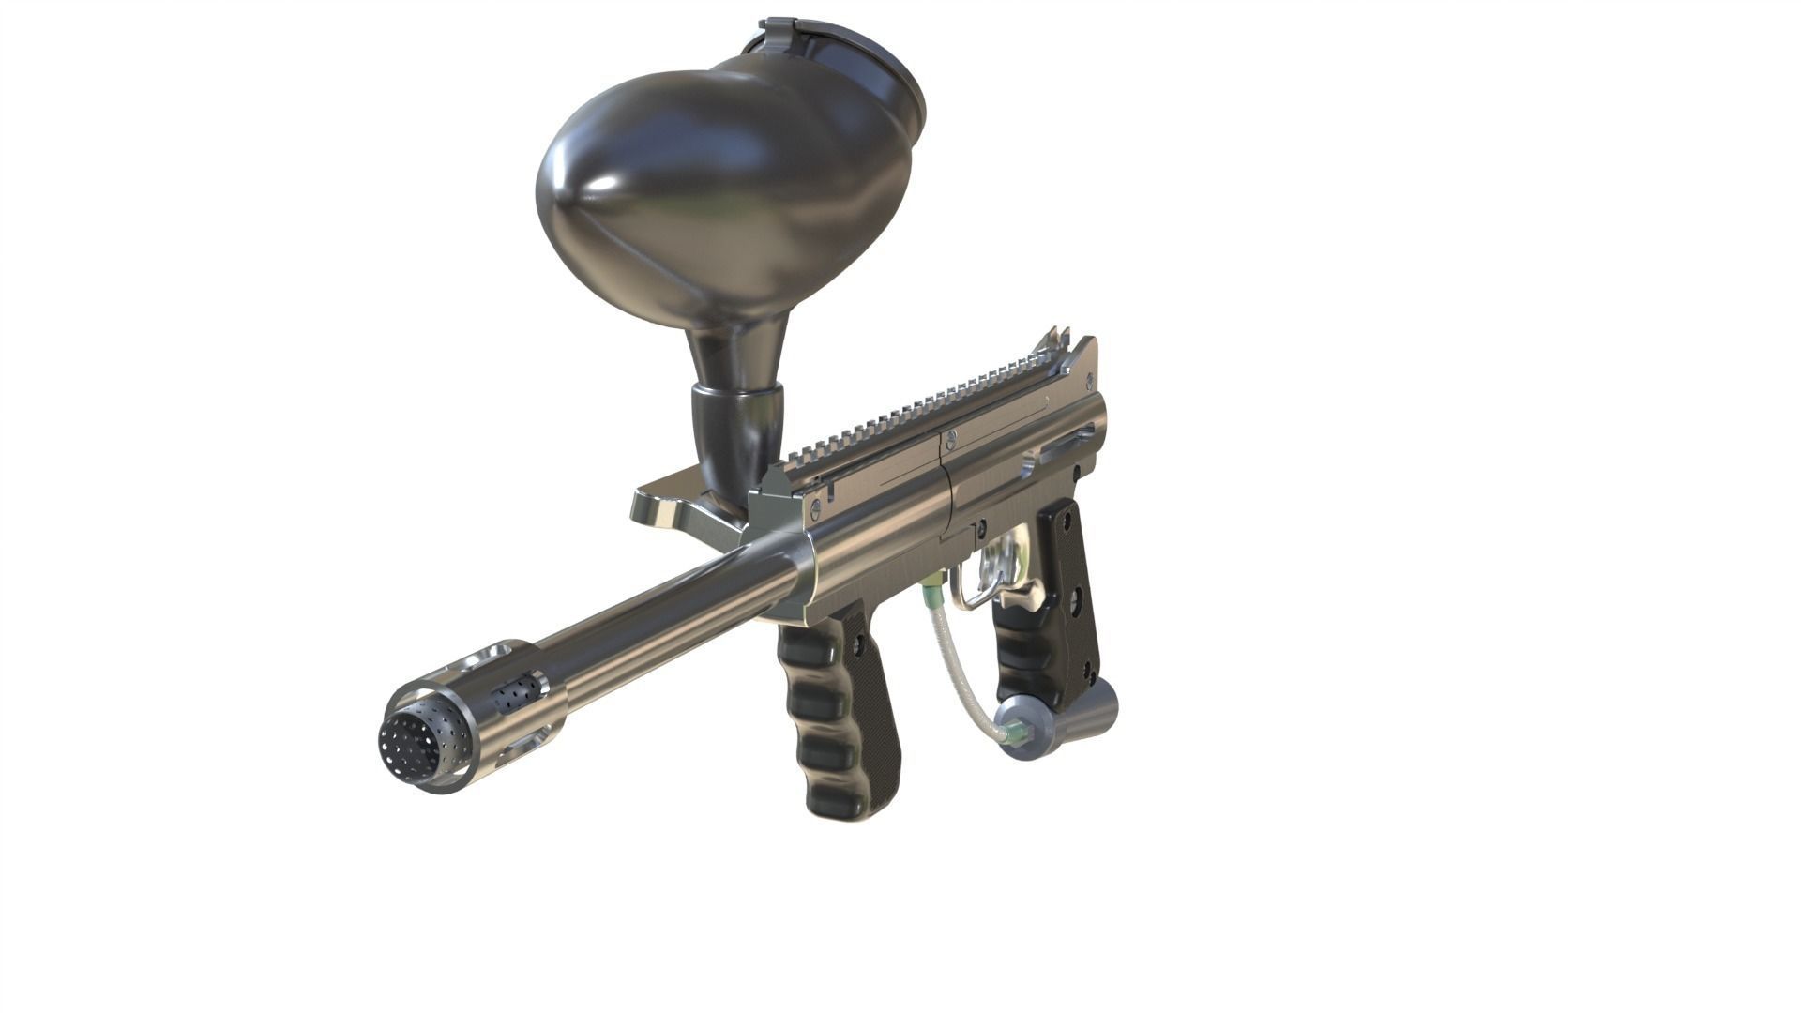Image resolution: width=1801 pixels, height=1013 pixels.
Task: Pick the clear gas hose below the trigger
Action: point(957,666)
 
